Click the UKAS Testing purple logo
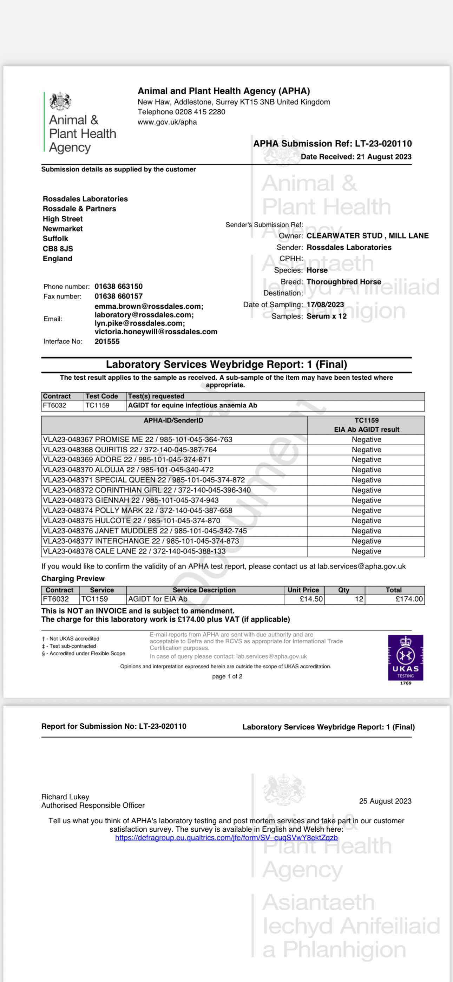(405, 657)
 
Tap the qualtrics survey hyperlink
(226, 838)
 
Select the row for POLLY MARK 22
(137, 510)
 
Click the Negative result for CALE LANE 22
(366, 551)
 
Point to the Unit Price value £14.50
(311, 599)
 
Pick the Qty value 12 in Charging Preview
(359, 599)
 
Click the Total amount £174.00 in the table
(409, 599)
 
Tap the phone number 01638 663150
(119, 286)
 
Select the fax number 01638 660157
(119, 296)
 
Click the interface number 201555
(107, 342)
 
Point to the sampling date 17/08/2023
(325, 305)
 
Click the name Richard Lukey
(65, 797)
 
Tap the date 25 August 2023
(385, 801)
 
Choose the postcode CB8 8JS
(58, 249)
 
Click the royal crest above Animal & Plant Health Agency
(60, 101)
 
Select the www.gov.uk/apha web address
(167, 122)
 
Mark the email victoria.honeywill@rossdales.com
(156, 332)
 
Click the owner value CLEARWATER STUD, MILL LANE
(368, 236)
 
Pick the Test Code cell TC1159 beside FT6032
(97, 405)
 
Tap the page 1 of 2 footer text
(227, 676)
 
